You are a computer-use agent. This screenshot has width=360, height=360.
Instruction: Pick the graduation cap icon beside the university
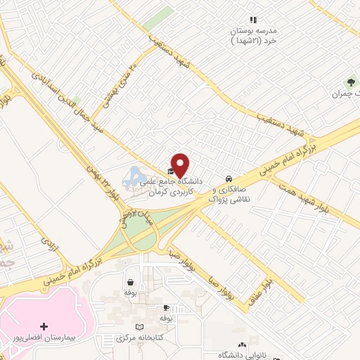tap(172, 171)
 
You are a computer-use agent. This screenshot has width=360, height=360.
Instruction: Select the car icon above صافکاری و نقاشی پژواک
tap(229, 177)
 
